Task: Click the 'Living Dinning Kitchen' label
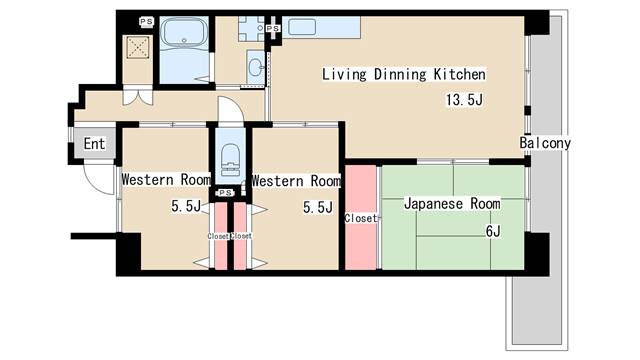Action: pyautogui.click(x=404, y=74)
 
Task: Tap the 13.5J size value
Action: pyautogui.click(x=464, y=100)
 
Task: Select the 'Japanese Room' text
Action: pyautogui.click(x=452, y=204)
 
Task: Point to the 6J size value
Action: pyautogui.click(x=493, y=231)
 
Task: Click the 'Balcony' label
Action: pyautogui.click(x=545, y=143)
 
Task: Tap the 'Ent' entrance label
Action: pyautogui.click(x=94, y=144)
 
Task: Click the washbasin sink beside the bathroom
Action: pyautogui.click(x=256, y=67)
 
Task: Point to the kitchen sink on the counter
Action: pyautogui.click(x=302, y=27)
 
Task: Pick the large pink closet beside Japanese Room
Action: pyautogui.click(x=361, y=217)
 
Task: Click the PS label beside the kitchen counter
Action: pyautogui.click(x=273, y=28)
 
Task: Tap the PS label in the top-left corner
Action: pyautogui.click(x=146, y=21)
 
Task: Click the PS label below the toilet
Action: pyautogui.click(x=225, y=193)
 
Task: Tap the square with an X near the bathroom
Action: pyautogui.click(x=138, y=47)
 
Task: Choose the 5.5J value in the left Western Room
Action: pyautogui.click(x=186, y=207)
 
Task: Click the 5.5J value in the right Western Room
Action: pyautogui.click(x=318, y=207)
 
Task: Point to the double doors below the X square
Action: pyautogui.click(x=138, y=96)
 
